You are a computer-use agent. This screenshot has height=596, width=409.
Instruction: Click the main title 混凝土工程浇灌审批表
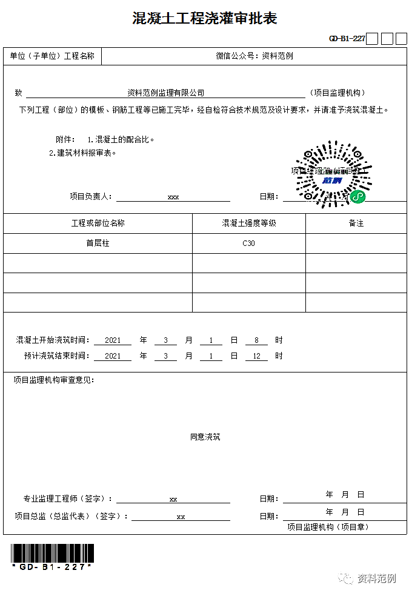pos(205,19)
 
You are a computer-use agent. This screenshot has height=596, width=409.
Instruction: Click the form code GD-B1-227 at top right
pos(347,39)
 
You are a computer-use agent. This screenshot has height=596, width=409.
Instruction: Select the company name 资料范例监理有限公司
pos(165,93)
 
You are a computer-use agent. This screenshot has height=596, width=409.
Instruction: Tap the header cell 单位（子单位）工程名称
pos(52,56)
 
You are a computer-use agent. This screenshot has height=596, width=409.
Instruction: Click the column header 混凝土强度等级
pos(248,223)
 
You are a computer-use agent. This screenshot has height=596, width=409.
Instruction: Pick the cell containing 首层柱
pos(98,243)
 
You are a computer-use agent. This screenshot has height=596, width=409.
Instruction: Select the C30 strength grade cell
pos(248,243)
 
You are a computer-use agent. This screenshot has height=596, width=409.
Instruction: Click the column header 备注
pos(356,223)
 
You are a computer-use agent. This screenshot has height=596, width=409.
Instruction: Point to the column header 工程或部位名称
pos(98,223)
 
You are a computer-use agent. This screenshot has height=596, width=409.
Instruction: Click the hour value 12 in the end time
pos(256,356)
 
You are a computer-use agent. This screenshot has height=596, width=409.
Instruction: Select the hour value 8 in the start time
pos(256,340)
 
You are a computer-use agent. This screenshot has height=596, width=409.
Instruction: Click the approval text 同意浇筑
pos(205,437)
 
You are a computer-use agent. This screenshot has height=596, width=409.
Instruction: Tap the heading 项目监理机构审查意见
pos(53,380)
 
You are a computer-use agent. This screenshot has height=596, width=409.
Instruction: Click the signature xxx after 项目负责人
pos(173,197)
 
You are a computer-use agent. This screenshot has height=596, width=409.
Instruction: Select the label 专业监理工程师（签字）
pos(67,499)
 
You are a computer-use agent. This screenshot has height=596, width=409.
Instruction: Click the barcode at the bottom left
pos(52,554)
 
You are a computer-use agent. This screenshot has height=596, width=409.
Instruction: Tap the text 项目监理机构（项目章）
pos(327,527)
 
